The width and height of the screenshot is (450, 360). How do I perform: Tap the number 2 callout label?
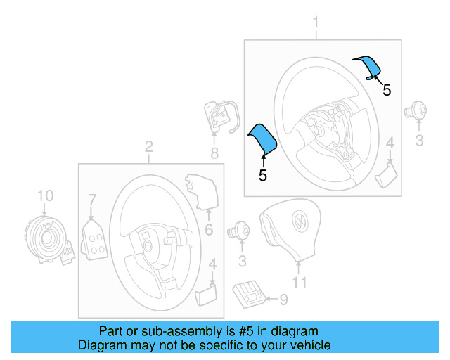pyautogui.click(x=148, y=147)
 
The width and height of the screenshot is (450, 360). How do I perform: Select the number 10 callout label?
pyautogui.click(x=44, y=195)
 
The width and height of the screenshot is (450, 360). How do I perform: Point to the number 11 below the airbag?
pyautogui.click(x=300, y=283)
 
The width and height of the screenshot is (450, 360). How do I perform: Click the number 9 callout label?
pyautogui.click(x=283, y=300)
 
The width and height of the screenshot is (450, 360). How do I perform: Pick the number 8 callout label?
pyautogui.click(x=214, y=153)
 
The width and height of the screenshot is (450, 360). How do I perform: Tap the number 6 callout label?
pyautogui.click(x=208, y=230)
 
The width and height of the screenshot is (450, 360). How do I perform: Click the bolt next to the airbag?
pyautogui.click(x=240, y=230)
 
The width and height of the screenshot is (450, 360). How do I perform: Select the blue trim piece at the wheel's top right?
pyautogui.click(x=368, y=66)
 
